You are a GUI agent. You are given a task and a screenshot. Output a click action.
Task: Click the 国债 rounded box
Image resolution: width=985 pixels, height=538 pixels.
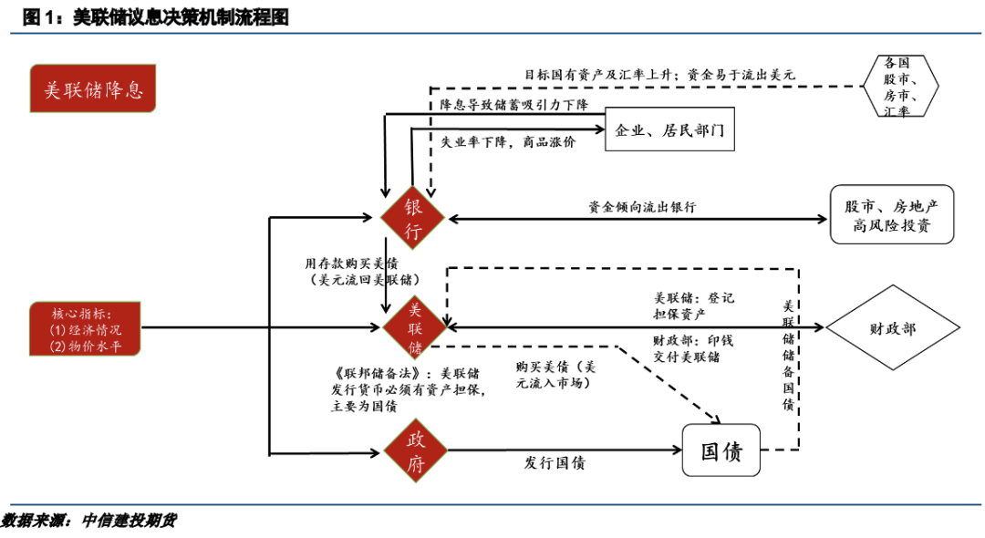(721, 450)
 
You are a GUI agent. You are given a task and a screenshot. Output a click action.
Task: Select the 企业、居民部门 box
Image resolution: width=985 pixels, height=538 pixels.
(669, 131)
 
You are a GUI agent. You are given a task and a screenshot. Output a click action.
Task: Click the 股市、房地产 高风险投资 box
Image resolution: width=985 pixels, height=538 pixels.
(891, 214)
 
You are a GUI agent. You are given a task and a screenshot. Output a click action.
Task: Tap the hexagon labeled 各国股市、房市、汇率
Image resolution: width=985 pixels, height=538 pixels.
(897, 86)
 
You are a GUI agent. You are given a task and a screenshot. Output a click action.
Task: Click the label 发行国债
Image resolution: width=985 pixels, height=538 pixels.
(555, 463)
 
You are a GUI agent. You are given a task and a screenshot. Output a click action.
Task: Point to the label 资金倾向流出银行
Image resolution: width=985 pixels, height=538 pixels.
(642, 207)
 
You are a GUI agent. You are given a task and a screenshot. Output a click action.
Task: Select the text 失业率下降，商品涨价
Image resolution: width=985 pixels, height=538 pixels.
(508, 143)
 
